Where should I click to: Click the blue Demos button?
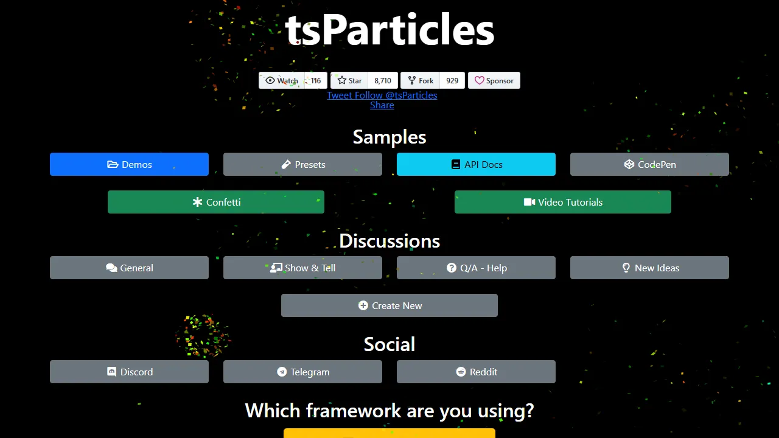(x=129, y=164)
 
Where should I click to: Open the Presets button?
(x=302, y=164)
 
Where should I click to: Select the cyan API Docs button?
(x=476, y=164)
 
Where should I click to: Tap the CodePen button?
(x=649, y=164)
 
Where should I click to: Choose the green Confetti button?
(x=216, y=202)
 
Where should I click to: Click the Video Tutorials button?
(x=563, y=202)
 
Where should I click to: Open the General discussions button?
(x=129, y=268)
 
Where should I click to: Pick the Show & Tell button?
(x=302, y=268)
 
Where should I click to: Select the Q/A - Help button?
(x=476, y=268)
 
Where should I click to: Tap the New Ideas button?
(x=649, y=268)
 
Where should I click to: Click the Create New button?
(x=389, y=305)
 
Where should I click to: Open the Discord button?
(x=129, y=372)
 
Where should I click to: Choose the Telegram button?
(x=302, y=372)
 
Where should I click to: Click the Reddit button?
(x=476, y=372)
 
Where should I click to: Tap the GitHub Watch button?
(x=282, y=80)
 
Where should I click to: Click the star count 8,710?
(x=383, y=80)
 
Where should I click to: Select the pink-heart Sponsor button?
(x=494, y=80)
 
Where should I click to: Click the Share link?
(x=382, y=105)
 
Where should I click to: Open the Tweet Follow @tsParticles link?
(x=382, y=95)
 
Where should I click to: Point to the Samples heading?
(x=389, y=137)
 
